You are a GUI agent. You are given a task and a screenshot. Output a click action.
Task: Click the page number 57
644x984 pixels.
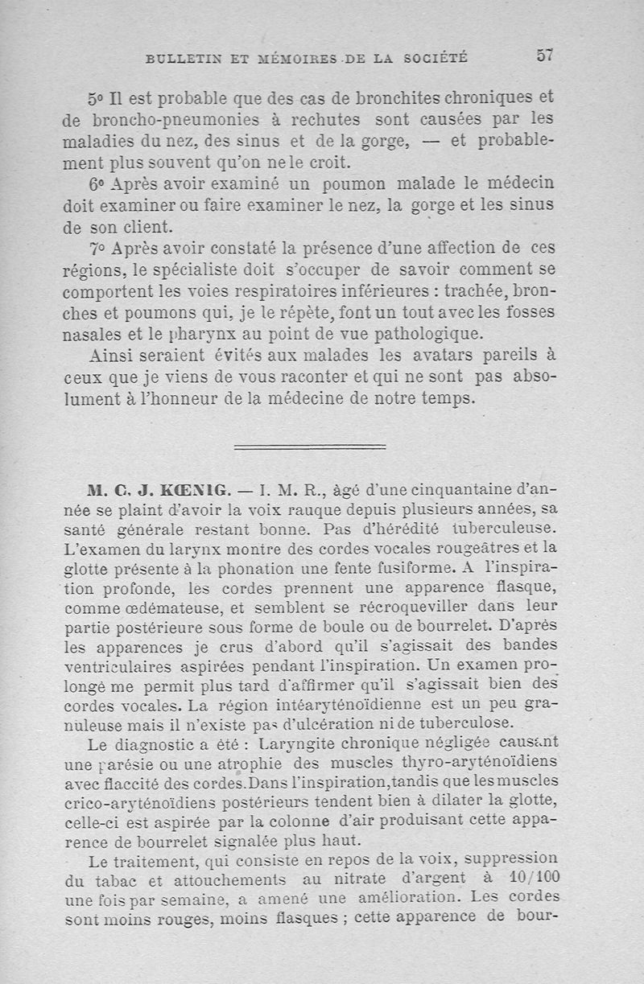coord(545,55)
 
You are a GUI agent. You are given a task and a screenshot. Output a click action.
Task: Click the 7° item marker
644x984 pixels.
coord(97,247)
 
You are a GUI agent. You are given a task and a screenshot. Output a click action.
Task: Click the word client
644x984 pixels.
coord(140,226)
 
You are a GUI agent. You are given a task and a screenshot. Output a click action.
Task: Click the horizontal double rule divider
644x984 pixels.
coord(310,446)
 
